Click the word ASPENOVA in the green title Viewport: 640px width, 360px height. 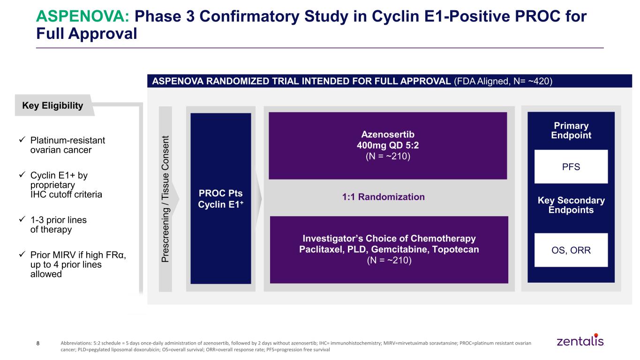(83, 16)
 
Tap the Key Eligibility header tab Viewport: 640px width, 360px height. (54, 105)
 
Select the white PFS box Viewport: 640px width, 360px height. (571, 166)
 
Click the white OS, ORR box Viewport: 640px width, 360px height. (571, 250)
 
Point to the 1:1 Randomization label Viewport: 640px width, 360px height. (384, 197)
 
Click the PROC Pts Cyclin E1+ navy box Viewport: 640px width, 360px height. (221, 199)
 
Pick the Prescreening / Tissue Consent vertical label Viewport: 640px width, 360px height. (165, 199)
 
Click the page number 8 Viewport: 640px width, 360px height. (38, 343)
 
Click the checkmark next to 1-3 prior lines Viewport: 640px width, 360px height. (23, 219)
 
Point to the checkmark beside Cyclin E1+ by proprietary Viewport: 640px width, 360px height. (23, 174)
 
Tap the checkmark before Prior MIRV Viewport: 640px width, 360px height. (23, 254)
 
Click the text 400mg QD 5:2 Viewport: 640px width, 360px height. (388, 145)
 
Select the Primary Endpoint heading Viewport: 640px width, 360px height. (571, 130)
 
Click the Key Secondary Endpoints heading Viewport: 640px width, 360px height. (571, 205)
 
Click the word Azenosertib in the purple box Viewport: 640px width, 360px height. (388, 134)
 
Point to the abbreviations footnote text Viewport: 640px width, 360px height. (296, 346)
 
